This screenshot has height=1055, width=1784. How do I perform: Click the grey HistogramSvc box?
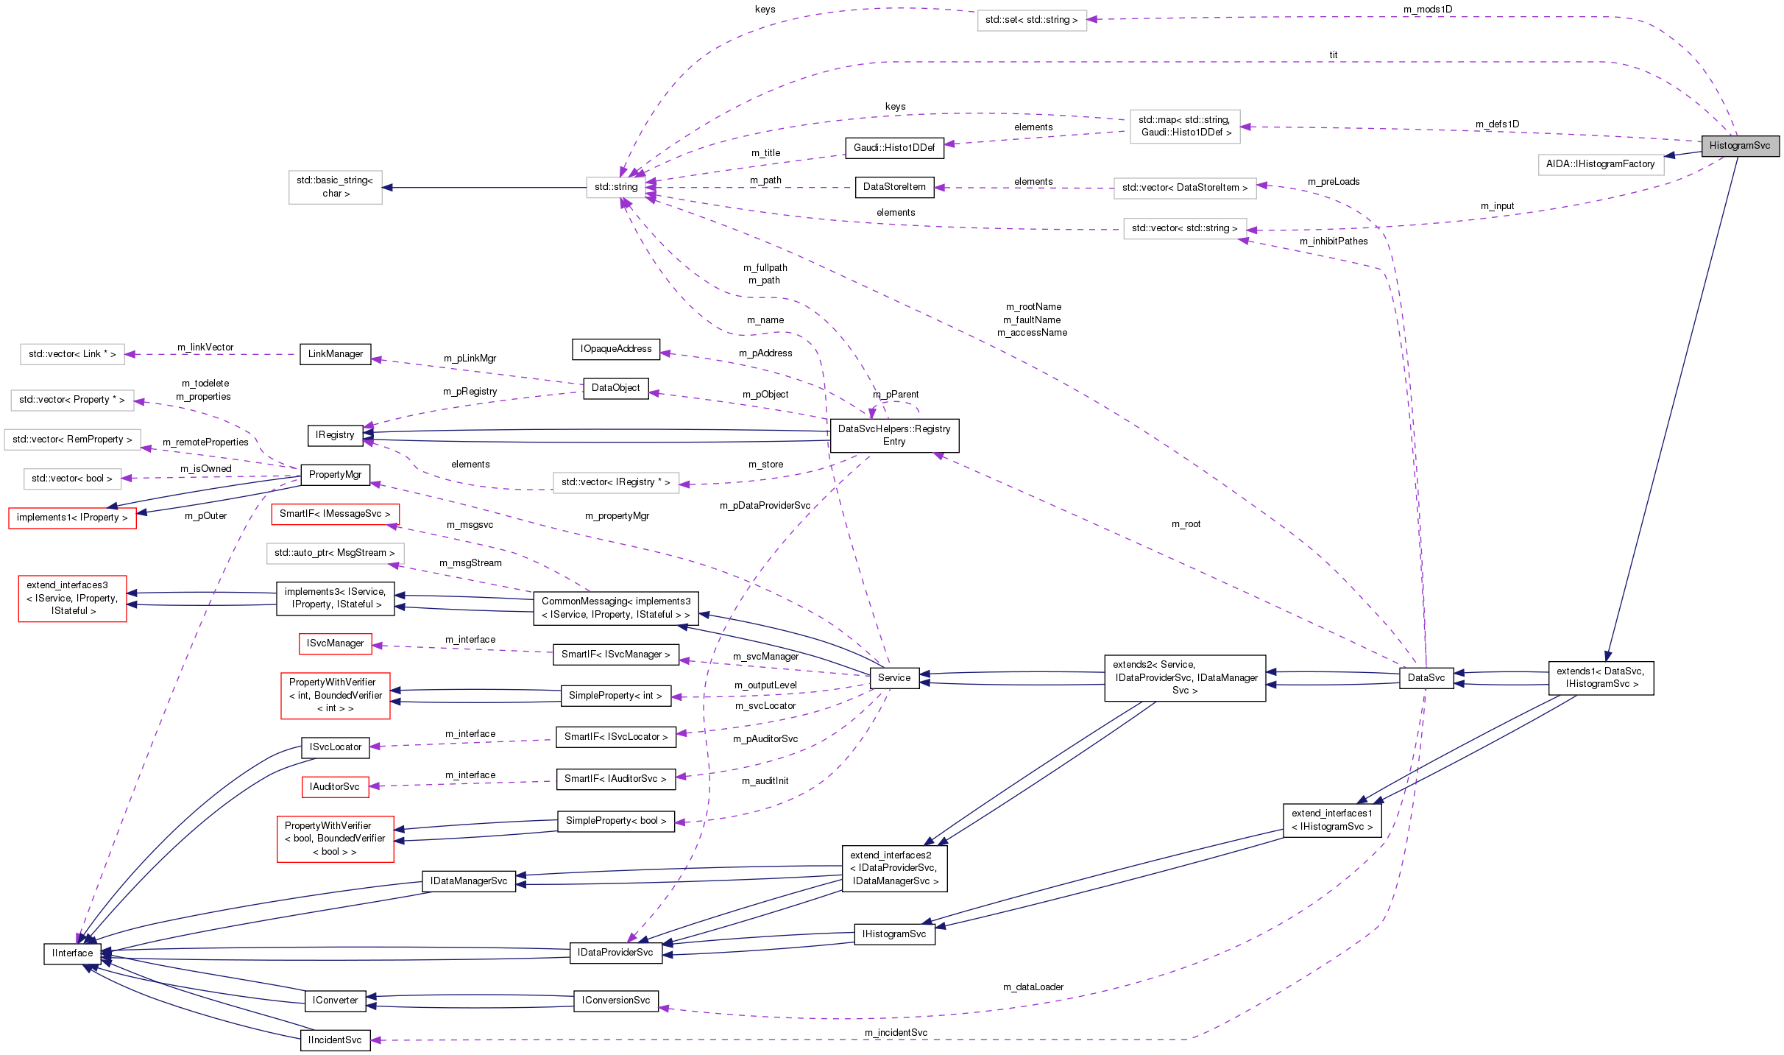(x=1739, y=146)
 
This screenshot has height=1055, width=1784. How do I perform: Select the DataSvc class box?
(x=1426, y=678)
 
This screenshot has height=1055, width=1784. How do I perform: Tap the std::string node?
(x=616, y=187)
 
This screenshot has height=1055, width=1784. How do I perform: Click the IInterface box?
(x=72, y=953)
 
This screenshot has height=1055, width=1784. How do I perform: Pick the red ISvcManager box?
(x=335, y=643)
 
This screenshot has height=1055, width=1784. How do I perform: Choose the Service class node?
(x=893, y=678)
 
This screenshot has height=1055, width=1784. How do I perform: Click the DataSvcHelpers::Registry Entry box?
(x=893, y=435)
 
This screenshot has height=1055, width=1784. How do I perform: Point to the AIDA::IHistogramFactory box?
(x=1600, y=164)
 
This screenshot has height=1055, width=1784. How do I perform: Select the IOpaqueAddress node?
(x=615, y=349)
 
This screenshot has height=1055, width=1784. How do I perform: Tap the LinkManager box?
(x=335, y=354)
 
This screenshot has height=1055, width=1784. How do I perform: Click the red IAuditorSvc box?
(x=334, y=787)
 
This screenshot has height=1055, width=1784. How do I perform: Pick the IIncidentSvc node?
(x=335, y=1040)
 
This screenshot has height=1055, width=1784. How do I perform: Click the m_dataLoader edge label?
(x=1033, y=987)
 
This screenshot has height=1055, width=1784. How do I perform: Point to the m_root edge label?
(x=1186, y=524)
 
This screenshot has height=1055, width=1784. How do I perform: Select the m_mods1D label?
(x=1427, y=10)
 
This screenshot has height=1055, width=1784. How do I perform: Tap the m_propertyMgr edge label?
(x=617, y=516)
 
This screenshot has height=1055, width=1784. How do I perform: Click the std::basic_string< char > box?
(x=335, y=187)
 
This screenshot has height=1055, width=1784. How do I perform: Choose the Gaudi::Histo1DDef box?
(x=893, y=148)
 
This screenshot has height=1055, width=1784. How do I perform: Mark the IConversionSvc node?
(x=615, y=1001)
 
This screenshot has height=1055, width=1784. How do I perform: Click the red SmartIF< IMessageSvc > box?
(x=335, y=514)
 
